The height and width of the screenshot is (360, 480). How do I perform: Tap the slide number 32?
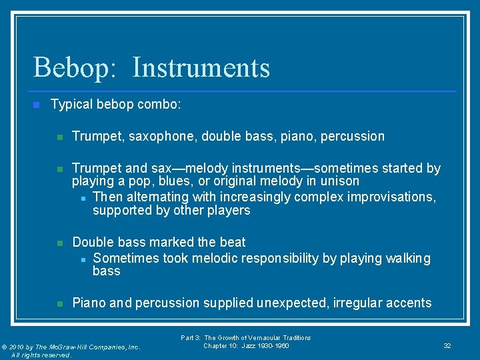coord(447,346)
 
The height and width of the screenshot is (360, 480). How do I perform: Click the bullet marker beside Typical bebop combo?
coord(37,105)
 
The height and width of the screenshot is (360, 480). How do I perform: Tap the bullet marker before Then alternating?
coord(82,198)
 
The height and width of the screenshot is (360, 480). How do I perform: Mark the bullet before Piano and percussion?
coord(59,303)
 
